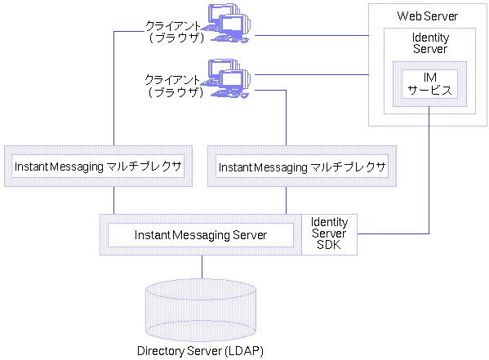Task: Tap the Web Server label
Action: click(427, 16)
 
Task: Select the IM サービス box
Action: click(429, 83)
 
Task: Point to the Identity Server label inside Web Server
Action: click(429, 43)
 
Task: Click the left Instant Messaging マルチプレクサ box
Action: click(97, 166)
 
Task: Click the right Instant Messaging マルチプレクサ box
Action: click(301, 166)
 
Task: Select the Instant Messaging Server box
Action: click(201, 235)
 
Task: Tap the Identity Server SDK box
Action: click(330, 234)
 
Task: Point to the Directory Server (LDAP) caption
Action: click(201, 351)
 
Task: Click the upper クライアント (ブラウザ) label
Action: click(175, 31)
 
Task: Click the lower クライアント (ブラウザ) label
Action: click(175, 87)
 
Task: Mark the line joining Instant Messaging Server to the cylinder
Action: click(202, 266)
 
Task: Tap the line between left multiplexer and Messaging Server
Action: click(113, 201)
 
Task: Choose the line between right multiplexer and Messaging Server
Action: click(286, 201)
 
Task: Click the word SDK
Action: click(330, 246)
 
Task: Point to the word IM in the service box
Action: click(429, 78)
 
